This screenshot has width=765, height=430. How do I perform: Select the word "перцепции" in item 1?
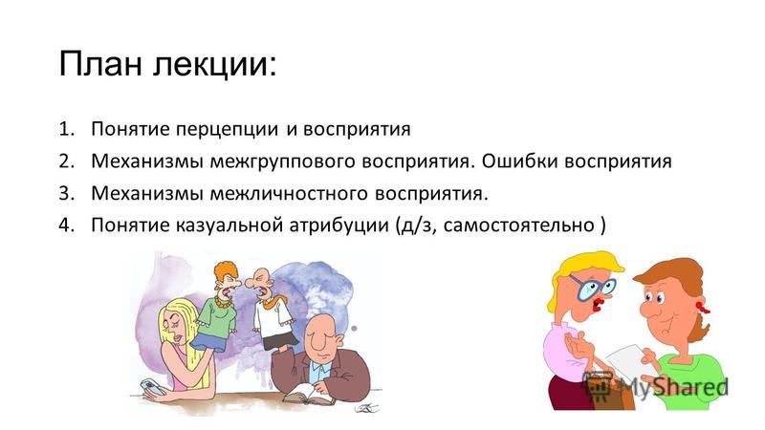pyautogui.click(x=227, y=130)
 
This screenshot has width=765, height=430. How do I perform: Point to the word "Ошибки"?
pyautogui.click(x=520, y=161)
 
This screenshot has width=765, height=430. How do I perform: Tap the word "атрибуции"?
pyautogui.click(x=339, y=226)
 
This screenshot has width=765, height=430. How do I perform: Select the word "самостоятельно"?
pyautogui.click(x=518, y=226)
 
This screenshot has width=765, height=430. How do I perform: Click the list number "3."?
pyautogui.click(x=66, y=194)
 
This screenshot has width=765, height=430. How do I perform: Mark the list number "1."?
pyautogui.click(x=66, y=129)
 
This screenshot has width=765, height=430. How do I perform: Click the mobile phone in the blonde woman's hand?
pyautogui.click(x=152, y=388)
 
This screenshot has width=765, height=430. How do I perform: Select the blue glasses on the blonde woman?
pyautogui.click(x=591, y=286)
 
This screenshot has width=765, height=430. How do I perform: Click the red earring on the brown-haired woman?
pyautogui.click(x=703, y=307)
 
